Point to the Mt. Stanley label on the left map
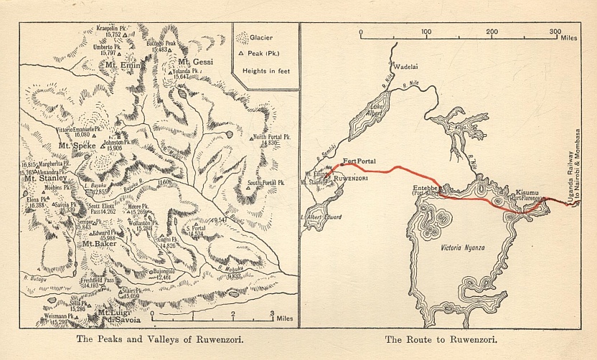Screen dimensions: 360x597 pyautogui.click(x=45, y=179)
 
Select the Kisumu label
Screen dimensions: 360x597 pyautogui.click(x=527, y=193)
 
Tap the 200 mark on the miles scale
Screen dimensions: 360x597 pyautogui.click(x=492, y=32)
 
